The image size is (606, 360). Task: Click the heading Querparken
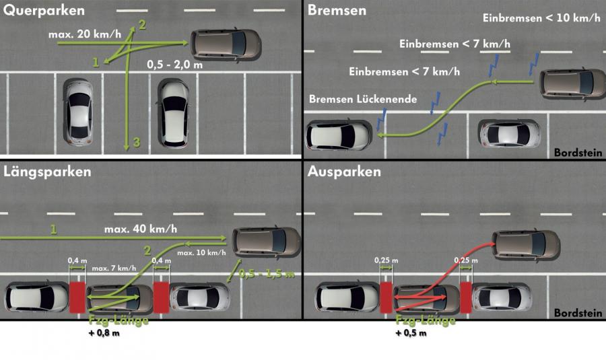coord(44,10)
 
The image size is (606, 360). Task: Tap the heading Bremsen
coord(337,10)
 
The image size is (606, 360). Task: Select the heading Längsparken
coord(47,172)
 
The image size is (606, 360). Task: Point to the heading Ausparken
coord(344,172)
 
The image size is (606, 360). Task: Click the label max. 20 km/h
coord(85,34)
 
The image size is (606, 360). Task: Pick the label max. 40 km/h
coord(141,229)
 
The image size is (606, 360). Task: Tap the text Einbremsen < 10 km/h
coord(541,17)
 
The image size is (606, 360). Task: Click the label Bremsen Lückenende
coord(363,100)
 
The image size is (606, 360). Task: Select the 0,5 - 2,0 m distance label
coord(174,65)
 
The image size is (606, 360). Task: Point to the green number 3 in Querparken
coord(137,142)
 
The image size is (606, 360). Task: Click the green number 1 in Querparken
coord(96,62)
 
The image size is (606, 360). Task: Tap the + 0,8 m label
coord(104,333)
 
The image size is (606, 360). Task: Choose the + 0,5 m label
coord(411,333)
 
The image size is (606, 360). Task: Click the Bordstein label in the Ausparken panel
coord(578,312)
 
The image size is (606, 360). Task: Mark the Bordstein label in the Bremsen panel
coord(578,153)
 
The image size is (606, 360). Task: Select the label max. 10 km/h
coord(201,252)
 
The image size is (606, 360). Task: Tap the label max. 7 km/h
coord(114,268)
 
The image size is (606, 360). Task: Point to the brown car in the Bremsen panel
coord(572,85)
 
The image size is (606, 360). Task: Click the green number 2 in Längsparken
coord(147,251)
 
